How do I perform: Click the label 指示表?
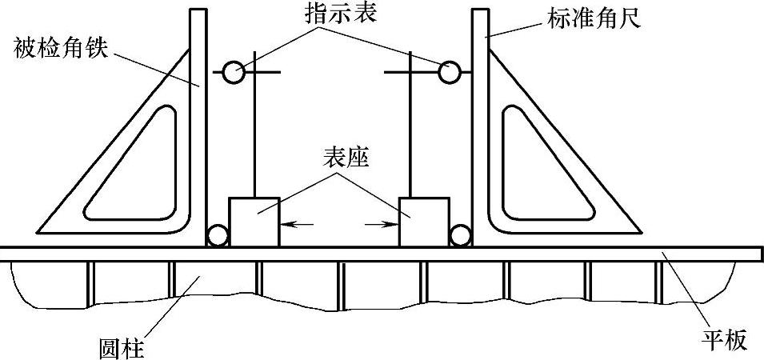point(340,17)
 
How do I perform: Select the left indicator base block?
point(254,221)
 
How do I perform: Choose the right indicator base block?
point(423,221)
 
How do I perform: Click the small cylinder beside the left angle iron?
point(217,236)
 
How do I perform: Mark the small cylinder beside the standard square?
point(459,236)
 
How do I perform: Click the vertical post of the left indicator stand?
point(254,136)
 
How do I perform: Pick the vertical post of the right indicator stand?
point(410,136)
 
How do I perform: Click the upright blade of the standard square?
point(479,120)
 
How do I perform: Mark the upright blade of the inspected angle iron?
point(199,120)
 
